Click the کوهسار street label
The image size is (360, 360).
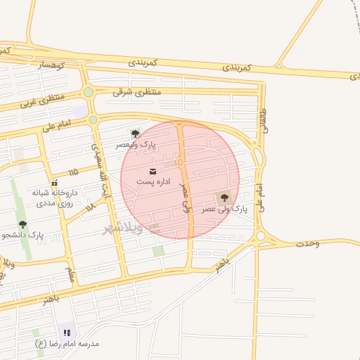tap(51, 65)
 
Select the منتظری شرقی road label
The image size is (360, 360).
tap(136, 92)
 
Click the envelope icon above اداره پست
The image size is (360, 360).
tap(153, 171)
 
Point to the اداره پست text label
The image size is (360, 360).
tap(153, 182)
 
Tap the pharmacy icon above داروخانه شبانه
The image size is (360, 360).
tap(55, 182)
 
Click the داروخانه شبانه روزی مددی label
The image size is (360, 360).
tap(55, 196)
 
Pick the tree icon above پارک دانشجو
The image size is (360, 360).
tap(22, 224)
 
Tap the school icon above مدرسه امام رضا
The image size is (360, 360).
tap(67, 332)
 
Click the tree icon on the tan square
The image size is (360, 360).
tap(224, 198)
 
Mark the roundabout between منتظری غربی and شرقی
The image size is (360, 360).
tap(88, 92)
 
